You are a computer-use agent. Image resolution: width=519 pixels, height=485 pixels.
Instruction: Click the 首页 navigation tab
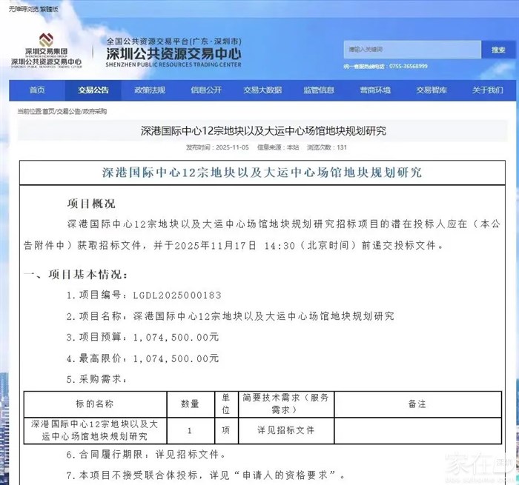pos(37,90)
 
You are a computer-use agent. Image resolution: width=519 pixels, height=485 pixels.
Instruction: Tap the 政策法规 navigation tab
pos(150,90)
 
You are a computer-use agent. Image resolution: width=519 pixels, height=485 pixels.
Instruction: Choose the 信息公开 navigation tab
pos(206,90)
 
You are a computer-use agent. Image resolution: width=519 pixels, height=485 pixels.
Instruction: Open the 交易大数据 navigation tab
pos(262,90)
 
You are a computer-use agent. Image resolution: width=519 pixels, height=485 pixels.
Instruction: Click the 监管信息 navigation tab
pos(319,90)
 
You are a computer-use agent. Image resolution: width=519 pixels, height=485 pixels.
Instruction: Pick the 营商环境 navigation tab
pos(375,90)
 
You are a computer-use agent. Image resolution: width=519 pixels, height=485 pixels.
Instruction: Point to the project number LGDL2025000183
pos(176,295)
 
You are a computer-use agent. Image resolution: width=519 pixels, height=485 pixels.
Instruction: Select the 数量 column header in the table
pos(191,404)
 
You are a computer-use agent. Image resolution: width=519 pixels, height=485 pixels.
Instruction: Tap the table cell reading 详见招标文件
pos(285,429)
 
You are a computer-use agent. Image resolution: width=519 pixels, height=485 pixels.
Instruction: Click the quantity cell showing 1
pos(191,429)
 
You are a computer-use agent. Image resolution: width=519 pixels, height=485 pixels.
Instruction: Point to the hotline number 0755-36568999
pos(406,66)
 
